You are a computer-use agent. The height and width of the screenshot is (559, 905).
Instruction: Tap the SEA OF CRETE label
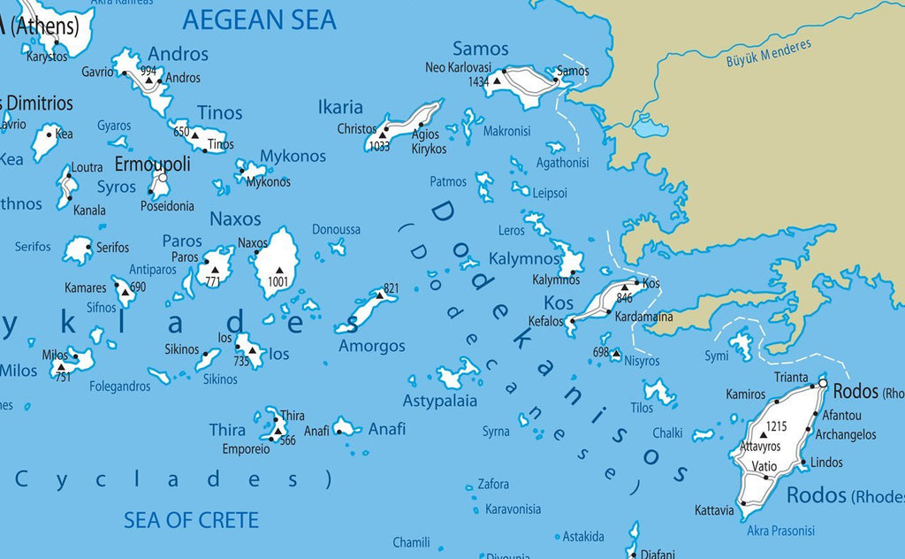tap(191, 519)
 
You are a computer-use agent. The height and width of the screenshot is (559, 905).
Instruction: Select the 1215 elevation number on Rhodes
tap(776, 426)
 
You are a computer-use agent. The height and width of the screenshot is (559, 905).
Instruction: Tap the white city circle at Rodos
tap(823, 384)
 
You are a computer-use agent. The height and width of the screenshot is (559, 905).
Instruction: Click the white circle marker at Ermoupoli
tap(163, 178)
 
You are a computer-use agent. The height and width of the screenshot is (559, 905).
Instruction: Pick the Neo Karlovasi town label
tap(458, 67)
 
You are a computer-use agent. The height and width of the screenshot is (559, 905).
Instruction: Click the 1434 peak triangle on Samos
tap(498, 80)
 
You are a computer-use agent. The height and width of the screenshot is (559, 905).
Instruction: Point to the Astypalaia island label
tap(440, 401)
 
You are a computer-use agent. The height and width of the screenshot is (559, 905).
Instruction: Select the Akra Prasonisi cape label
tap(782, 531)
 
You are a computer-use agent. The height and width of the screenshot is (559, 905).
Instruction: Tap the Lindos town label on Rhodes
tap(826, 462)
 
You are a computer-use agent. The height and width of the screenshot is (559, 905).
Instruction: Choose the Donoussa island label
tap(336, 229)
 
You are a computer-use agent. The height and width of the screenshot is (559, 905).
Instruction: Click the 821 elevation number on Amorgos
tap(392, 288)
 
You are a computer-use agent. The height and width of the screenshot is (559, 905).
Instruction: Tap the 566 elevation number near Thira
tap(286, 440)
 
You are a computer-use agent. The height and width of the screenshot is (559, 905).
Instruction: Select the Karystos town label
tap(46, 57)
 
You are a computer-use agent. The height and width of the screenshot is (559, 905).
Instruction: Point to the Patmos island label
tap(447, 181)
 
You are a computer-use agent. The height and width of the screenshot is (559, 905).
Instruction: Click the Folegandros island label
tap(119, 387)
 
